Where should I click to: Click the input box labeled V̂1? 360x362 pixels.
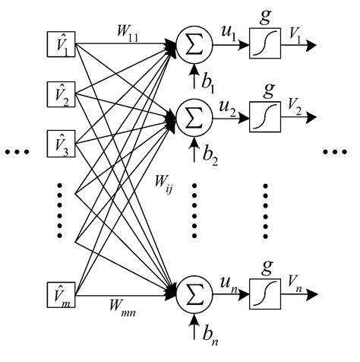58,44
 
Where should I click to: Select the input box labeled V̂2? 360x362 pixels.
58,97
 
